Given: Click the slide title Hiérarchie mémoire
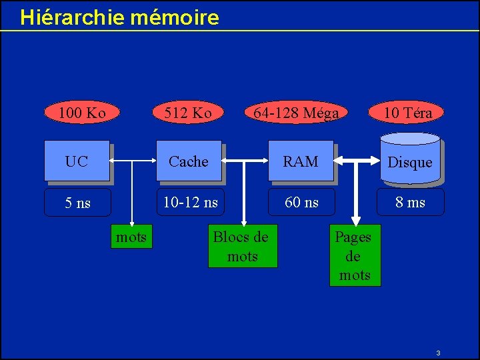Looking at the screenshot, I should [119, 17].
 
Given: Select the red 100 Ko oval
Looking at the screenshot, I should [82, 113].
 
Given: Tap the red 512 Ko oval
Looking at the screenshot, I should [189, 113].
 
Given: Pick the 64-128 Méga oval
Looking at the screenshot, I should [296, 113].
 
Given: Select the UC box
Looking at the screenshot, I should [77, 161].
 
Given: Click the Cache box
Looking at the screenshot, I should [189, 161].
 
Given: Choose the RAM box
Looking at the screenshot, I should [301, 161].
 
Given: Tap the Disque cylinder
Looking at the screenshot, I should [410, 162].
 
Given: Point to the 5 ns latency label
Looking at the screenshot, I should [77, 203].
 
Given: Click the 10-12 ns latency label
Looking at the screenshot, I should [191, 202].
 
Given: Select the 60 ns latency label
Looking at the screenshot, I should [301, 202].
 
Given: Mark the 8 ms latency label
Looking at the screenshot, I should [411, 202].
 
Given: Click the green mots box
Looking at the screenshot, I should [131, 237].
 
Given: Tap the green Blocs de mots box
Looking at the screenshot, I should [242, 247].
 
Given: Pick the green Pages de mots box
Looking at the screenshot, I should [355, 256].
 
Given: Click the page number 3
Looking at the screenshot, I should [438, 352].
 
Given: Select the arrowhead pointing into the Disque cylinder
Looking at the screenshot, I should [373, 161].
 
